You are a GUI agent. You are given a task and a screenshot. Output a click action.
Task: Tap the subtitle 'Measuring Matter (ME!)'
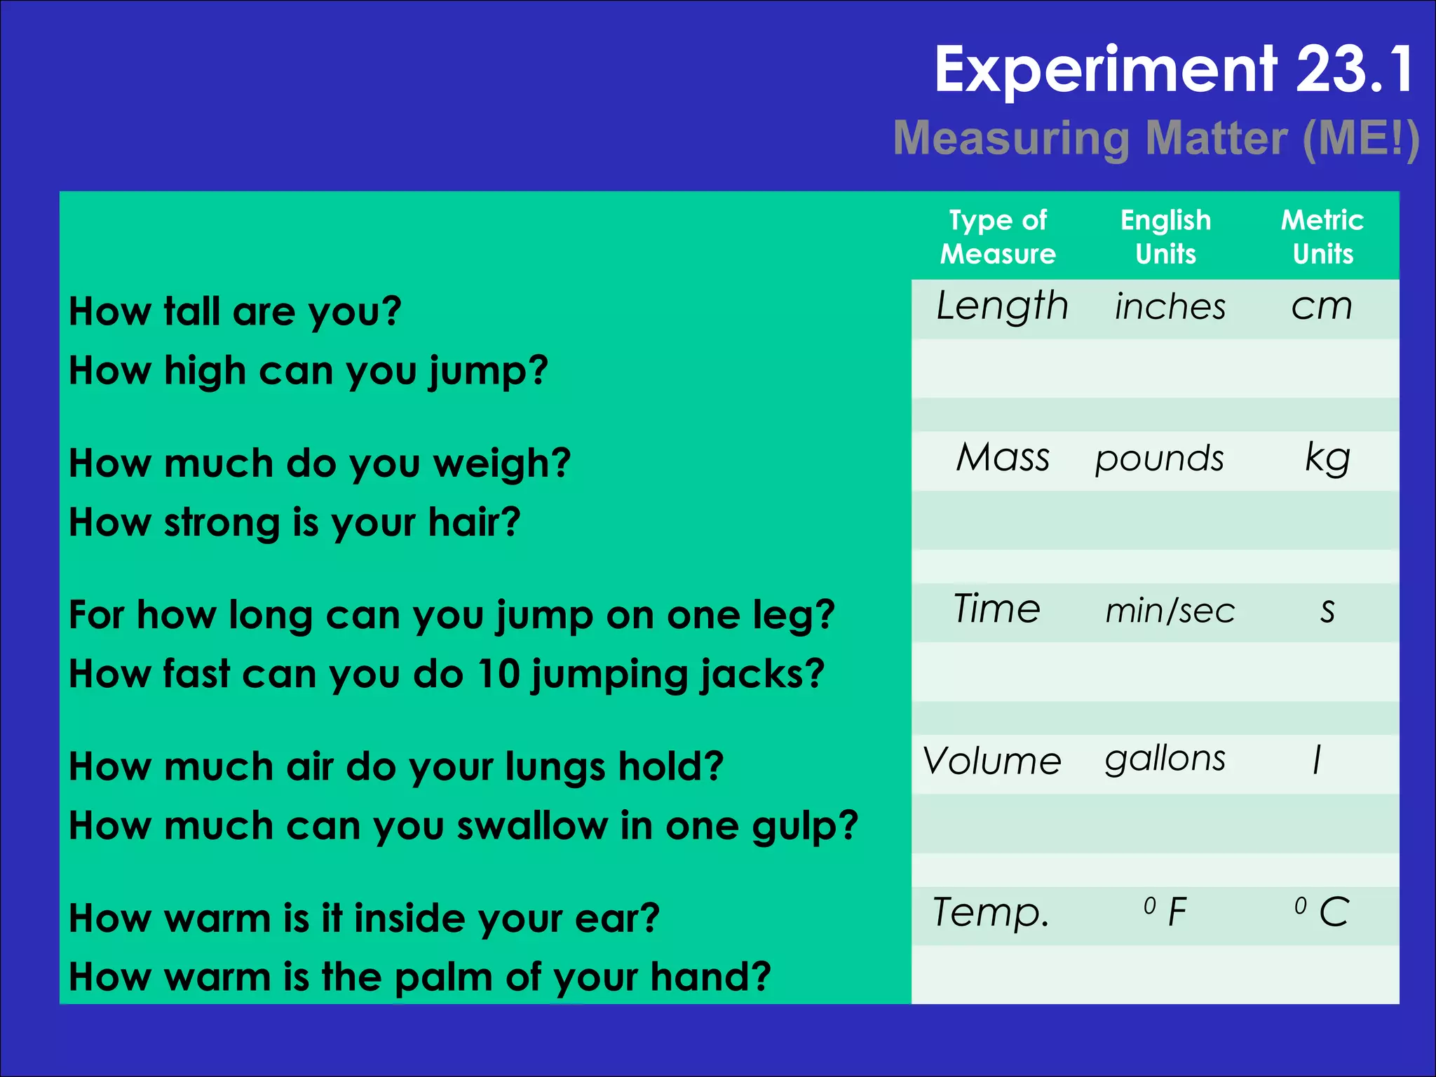(1156, 138)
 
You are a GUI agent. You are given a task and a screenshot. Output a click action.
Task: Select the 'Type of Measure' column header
(998, 237)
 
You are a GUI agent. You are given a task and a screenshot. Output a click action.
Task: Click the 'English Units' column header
(1165, 237)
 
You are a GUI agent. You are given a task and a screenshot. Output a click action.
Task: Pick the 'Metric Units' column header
(1322, 237)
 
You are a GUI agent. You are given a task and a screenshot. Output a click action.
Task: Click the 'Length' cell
(1002, 306)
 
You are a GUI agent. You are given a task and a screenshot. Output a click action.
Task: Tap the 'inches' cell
(1170, 307)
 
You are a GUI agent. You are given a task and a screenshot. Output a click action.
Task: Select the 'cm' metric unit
(1322, 307)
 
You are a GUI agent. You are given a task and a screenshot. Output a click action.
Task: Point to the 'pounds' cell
(1160, 459)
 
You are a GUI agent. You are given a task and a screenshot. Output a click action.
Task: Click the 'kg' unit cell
(1327, 458)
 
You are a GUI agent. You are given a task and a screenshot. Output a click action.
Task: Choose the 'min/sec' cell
(1170, 610)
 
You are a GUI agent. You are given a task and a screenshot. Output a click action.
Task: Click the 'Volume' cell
(992, 761)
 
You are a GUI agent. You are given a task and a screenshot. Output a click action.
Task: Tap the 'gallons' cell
(1165, 760)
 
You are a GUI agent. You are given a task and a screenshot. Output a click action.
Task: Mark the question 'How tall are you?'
(236, 311)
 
